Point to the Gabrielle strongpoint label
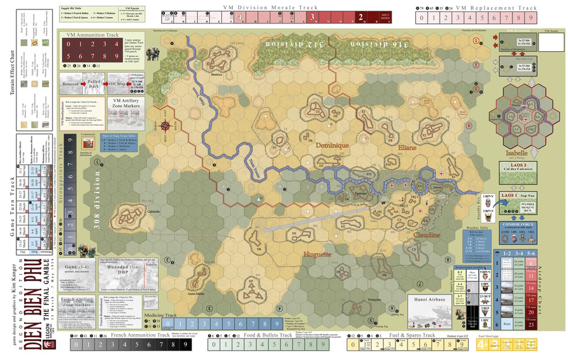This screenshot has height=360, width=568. tap(154, 212)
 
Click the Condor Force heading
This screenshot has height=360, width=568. tap(519, 224)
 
